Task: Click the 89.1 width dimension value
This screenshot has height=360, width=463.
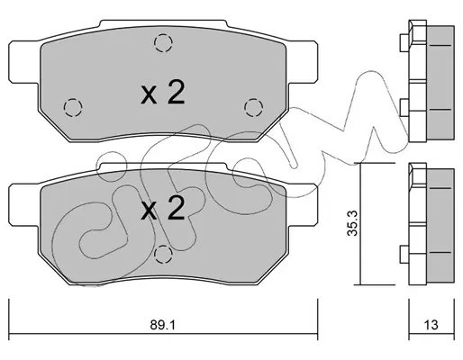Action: [162, 325]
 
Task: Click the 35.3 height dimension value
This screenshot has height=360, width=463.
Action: [352, 223]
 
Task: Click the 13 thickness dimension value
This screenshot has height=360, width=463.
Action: [431, 325]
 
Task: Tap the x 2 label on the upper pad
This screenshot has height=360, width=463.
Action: [162, 92]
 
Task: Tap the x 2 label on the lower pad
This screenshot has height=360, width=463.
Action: [162, 208]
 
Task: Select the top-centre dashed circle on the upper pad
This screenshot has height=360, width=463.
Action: [163, 43]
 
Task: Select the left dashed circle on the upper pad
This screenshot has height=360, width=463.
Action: [73, 107]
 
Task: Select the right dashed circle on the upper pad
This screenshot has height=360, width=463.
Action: [254, 107]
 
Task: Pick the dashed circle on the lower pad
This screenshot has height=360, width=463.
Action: [163, 254]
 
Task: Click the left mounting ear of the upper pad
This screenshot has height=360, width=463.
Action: [24, 62]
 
